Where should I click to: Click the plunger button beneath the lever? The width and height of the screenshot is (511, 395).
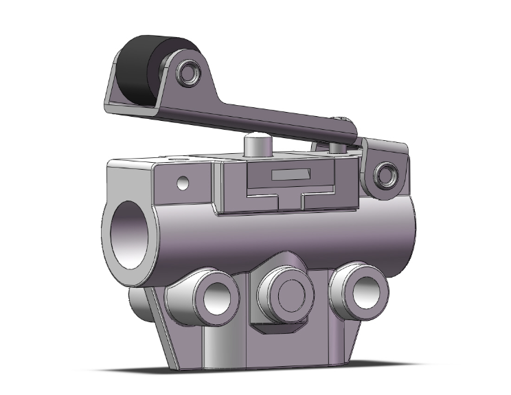255,146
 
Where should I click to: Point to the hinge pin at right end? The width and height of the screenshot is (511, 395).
385,172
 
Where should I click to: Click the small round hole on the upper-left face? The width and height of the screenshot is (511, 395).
182,183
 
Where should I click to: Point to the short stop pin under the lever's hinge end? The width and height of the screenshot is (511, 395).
337,148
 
